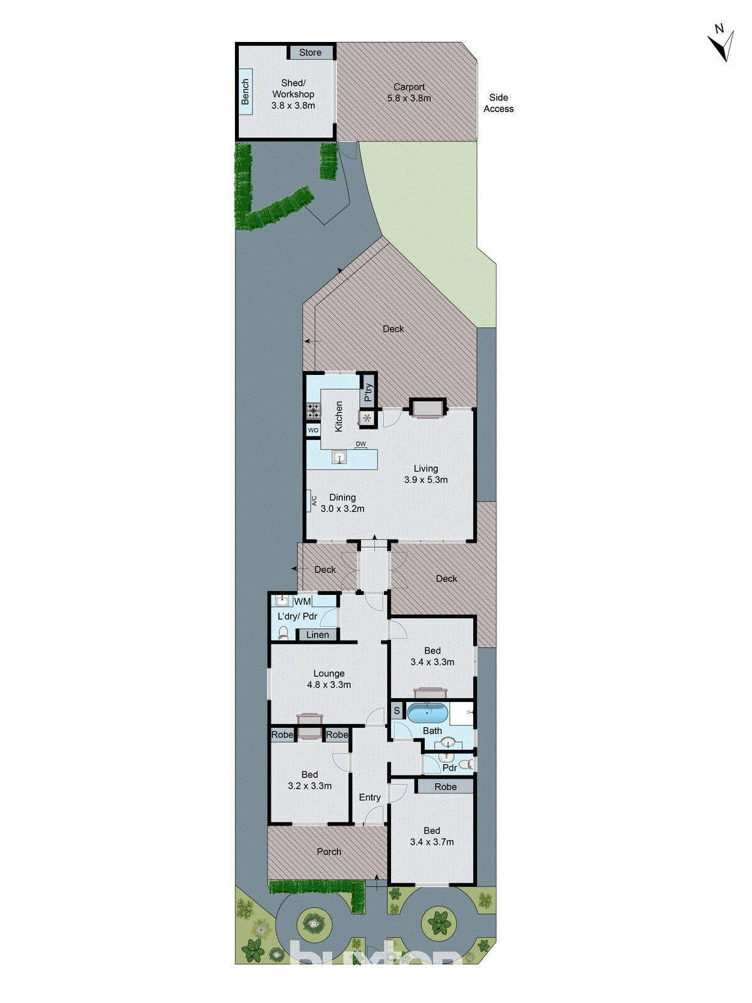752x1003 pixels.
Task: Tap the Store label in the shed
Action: coord(310,53)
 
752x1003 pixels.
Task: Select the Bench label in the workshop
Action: coord(245,92)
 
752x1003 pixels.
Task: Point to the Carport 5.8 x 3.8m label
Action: coord(409,93)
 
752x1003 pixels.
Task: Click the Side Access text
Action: coord(499,103)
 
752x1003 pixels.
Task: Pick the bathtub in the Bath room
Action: coord(427,713)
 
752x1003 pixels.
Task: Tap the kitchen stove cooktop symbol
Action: coord(313,411)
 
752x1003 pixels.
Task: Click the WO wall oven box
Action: coord(313,430)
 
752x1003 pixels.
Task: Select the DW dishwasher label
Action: coord(361,444)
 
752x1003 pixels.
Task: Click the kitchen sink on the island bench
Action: coord(339,457)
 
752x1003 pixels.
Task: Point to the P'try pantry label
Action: coord(368,392)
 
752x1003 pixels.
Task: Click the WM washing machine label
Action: coord(302,602)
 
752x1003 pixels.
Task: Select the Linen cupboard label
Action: coord(318,635)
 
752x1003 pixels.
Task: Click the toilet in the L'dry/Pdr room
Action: coord(283,633)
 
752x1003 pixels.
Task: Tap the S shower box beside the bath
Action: coord(397,711)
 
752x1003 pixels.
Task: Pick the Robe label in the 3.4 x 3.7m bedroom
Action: coord(446,787)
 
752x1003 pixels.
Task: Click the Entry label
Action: coord(370,797)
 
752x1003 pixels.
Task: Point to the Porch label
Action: coord(329,852)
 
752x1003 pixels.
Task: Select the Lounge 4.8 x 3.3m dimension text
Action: coord(329,685)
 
